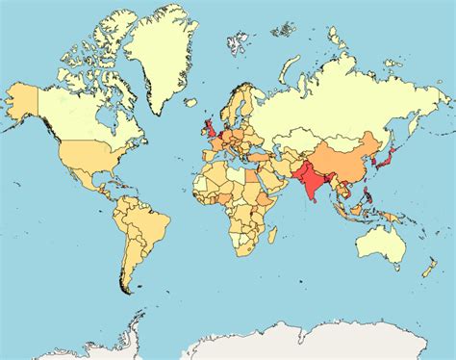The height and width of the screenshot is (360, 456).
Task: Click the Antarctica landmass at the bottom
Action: click(x=289, y=342)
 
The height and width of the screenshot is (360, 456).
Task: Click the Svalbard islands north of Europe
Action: click(x=236, y=42)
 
